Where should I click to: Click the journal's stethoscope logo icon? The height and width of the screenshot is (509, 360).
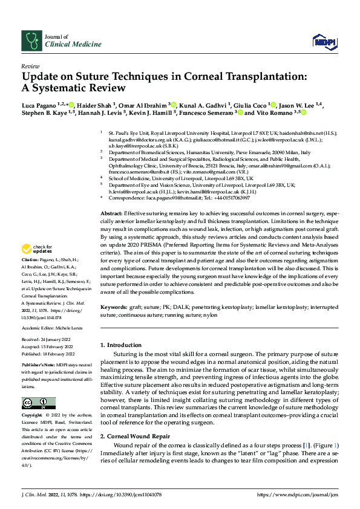[x=30, y=40]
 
